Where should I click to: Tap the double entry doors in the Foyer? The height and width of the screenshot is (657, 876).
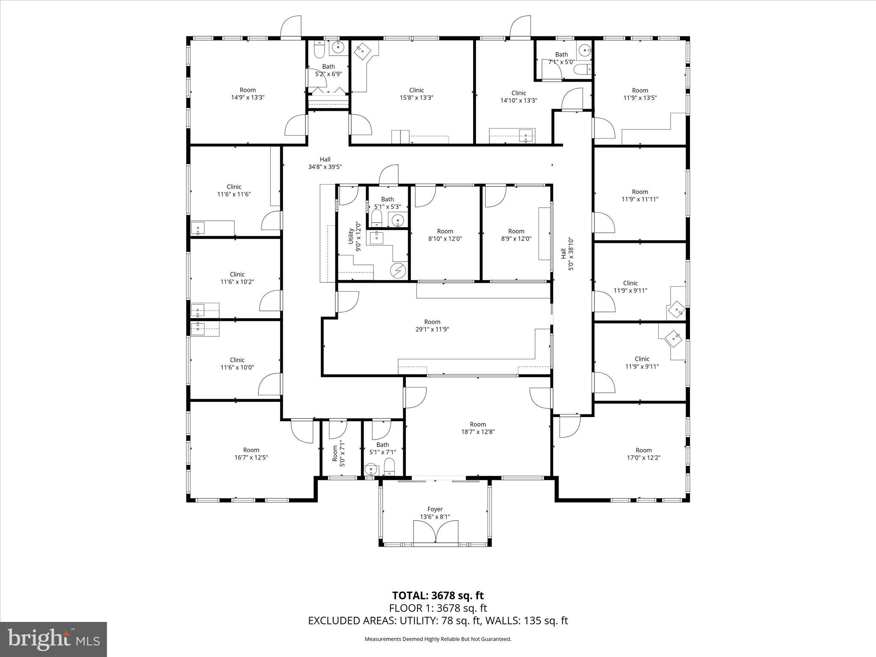coord(435,532)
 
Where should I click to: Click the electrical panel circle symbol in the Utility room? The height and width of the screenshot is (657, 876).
coord(399,270)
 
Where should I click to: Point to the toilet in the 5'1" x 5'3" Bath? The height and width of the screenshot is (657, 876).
coord(376,218)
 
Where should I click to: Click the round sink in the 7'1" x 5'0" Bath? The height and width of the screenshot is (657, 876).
coord(584,51)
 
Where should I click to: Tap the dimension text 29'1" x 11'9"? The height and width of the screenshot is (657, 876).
coord(432,329)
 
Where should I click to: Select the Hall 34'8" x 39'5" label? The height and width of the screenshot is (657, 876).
coord(325,163)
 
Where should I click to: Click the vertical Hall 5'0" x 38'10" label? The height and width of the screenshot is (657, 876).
coord(567,254)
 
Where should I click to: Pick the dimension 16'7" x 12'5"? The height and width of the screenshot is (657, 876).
coord(251,457)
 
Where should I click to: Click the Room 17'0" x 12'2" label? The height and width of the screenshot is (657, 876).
coord(643,453)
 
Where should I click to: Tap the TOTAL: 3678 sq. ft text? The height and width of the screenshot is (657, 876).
coord(438,595)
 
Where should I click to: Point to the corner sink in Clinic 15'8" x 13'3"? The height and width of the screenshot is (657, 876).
coord(362,50)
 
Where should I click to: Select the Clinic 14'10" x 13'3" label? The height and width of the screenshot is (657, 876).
coord(518,97)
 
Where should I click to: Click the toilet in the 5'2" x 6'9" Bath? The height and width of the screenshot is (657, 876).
coord(319,50)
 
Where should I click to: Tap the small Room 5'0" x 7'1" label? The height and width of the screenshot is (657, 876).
coord(338,453)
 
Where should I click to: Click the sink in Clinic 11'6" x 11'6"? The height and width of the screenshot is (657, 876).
coord(198,228)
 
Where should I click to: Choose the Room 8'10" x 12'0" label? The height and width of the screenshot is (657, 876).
coord(445,235)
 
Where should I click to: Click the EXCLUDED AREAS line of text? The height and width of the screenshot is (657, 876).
coord(438,621)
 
